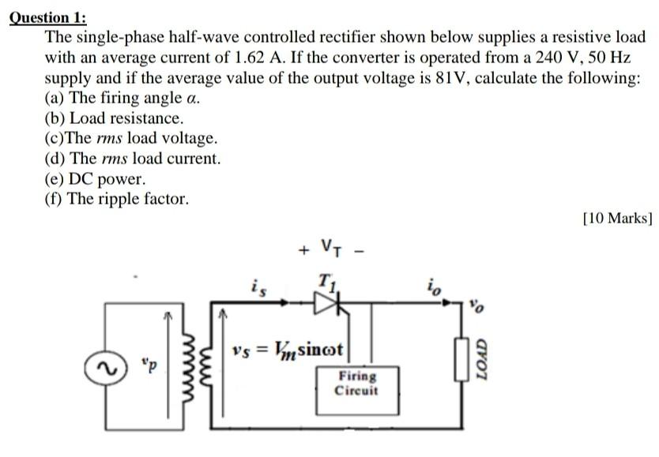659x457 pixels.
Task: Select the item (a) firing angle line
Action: (x=122, y=99)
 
